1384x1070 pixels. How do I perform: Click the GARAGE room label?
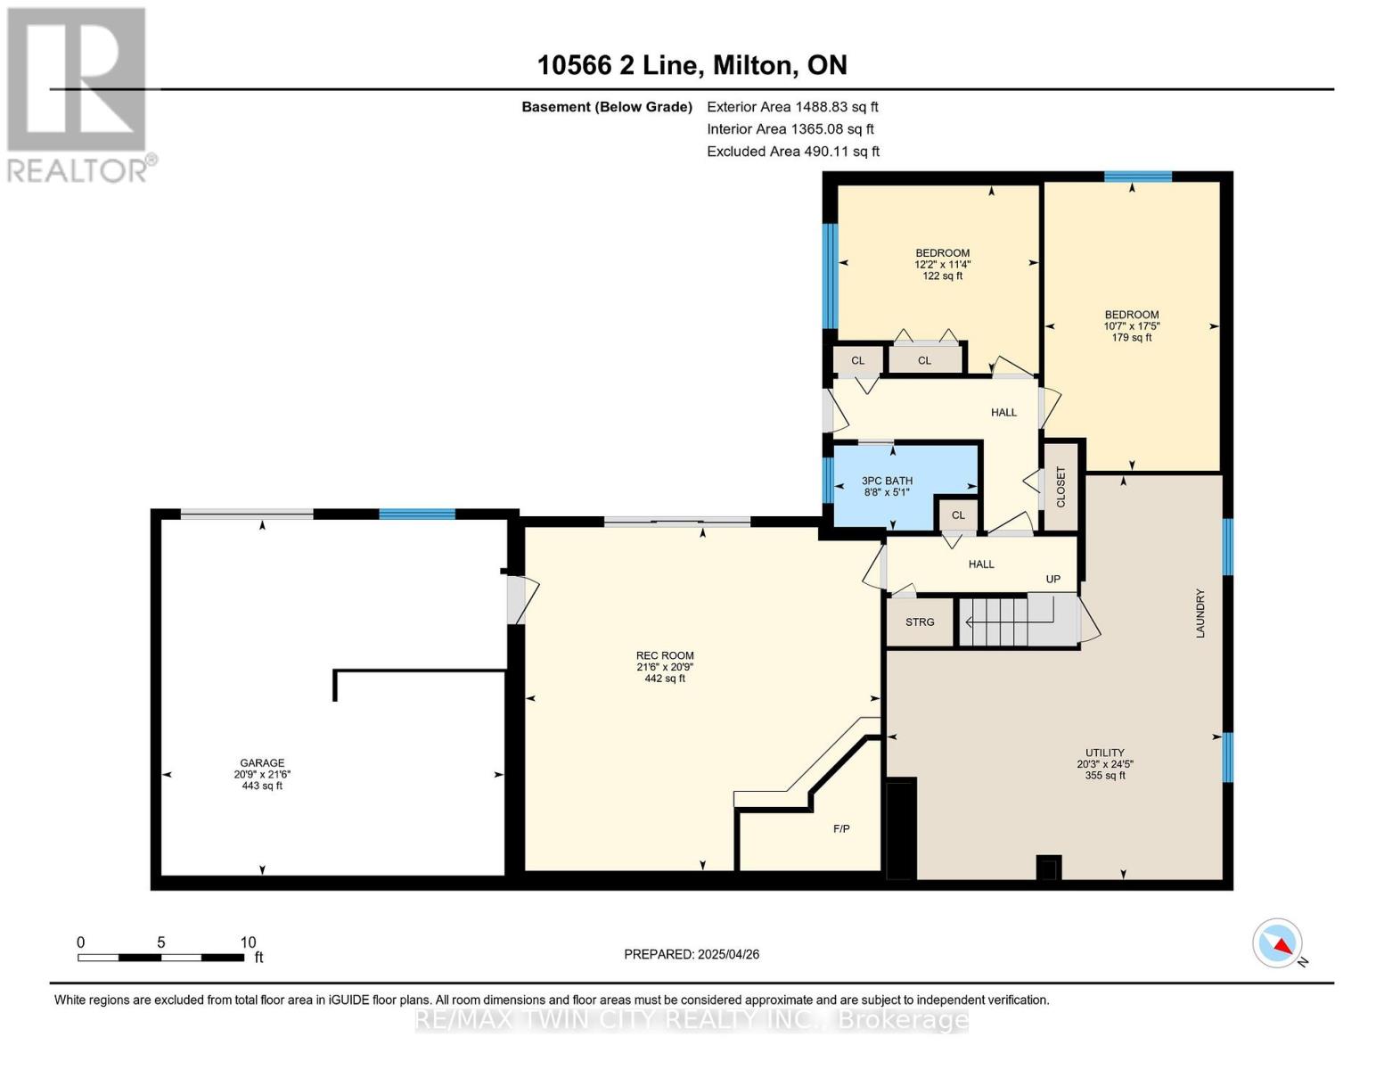click(x=262, y=762)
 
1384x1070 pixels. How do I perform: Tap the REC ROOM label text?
click(x=664, y=655)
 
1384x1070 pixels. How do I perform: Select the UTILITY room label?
click(x=1104, y=752)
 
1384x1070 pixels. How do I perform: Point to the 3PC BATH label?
click(x=887, y=481)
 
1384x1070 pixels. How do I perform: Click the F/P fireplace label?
click(x=840, y=828)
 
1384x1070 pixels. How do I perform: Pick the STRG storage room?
click(x=920, y=621)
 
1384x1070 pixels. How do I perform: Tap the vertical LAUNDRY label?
click(x=1200, y=613)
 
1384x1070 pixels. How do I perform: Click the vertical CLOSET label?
click(x=1061, y=487)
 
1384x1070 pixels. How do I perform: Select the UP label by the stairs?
click(x=1052, y=579)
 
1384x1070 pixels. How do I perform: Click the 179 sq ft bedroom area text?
click(x=1131, y=337)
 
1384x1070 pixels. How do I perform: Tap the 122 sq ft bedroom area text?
click(x=942, y=276)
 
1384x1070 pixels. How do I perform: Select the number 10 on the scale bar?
click(x=248, y=942)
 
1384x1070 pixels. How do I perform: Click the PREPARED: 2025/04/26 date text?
click(x=691, y=954)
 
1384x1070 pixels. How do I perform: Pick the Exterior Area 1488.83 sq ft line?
click(x=792, y=106)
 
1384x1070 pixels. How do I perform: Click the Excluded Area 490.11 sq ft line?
click(x=793, y=151)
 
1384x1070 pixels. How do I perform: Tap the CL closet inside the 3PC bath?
click(x=958, y=514)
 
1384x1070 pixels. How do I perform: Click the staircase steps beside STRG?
click(x=1017, y=621)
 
